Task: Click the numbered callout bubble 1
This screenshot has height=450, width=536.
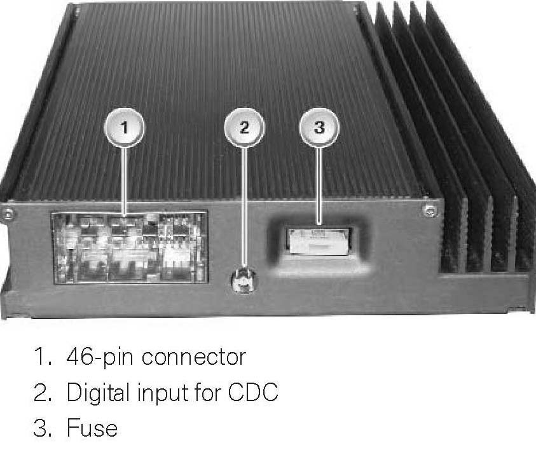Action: [125, 127]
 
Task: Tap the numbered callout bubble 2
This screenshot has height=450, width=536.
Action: [244, 127]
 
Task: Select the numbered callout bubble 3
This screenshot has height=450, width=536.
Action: [319, 127]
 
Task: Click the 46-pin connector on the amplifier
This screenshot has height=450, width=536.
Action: [129, 248]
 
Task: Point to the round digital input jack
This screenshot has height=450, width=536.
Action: [243, 280]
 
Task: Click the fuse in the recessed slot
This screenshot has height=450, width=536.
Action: [319, 241]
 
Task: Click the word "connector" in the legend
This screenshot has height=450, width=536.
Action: [193, 357]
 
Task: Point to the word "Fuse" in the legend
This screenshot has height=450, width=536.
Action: [92, 428]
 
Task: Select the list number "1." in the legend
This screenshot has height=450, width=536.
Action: [43, 357]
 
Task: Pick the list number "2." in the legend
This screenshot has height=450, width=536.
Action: [43, 393]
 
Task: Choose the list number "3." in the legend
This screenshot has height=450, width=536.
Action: [43, 428]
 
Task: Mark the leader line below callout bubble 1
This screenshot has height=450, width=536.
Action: [125, 181]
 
